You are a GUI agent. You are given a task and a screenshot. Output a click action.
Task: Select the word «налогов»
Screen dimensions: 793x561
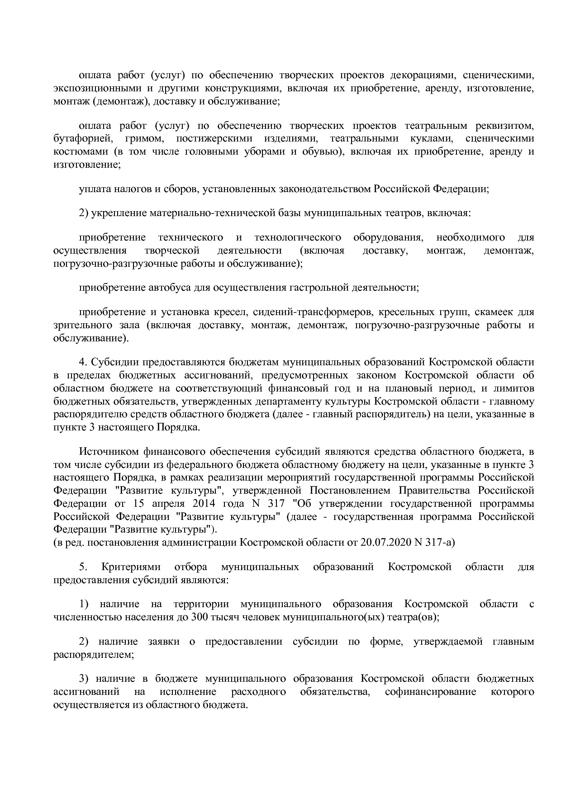[x=133, y=189]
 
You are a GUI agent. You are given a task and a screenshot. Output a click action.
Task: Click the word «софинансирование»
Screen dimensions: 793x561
[x=430, y=692]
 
